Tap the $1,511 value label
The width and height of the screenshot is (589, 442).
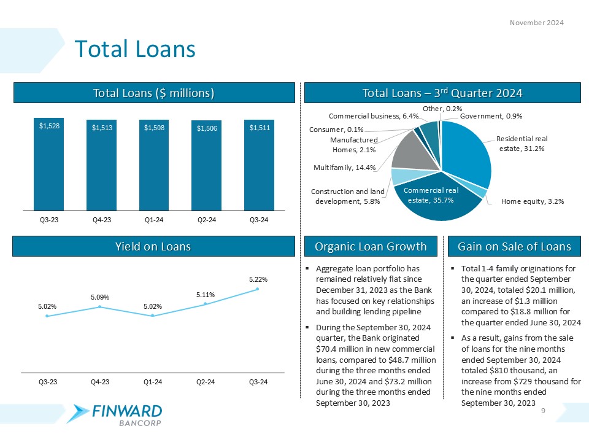click(258, 127)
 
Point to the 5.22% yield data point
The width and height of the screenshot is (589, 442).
click(258, 289)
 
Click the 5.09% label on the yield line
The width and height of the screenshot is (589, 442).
click(99, 297)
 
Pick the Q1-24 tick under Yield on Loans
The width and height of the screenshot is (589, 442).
click(153, 382)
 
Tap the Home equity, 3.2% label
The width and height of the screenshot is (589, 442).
click(533, 201)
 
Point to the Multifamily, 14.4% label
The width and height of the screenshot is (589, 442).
click(343, 166)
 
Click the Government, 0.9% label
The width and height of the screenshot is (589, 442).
click(491, 115)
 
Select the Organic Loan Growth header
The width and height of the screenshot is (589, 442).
click(371, 247)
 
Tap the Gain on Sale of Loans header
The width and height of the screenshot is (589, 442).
click(514, 247)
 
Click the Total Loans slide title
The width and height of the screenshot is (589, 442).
click(134, 49)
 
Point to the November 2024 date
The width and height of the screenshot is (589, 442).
click(537, 23)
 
